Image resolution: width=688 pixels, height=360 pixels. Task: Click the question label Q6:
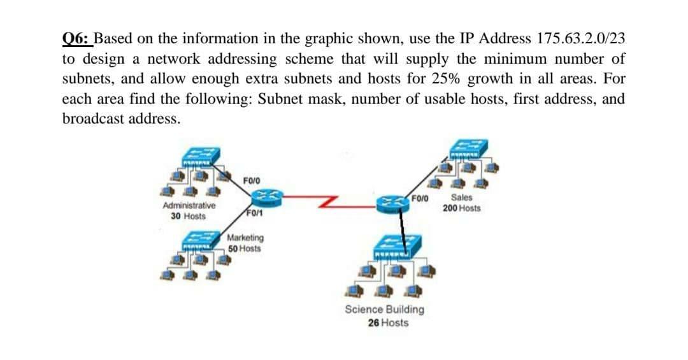(x=77, y=38)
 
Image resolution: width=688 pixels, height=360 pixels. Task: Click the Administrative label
(x=189, y=206)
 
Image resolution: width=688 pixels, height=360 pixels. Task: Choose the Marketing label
(x=245, y=238)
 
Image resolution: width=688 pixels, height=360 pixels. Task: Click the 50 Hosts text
(x=245, y=248)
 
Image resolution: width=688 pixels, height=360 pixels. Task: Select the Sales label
(x=461, y=198)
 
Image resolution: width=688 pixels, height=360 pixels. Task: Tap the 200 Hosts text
(x=462, y=208)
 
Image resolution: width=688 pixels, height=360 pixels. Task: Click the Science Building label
(x=384, y=310)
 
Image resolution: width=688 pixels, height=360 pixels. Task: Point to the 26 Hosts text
(x=388, y=322)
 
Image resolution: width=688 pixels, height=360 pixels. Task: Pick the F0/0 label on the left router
(x=251, y=181)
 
